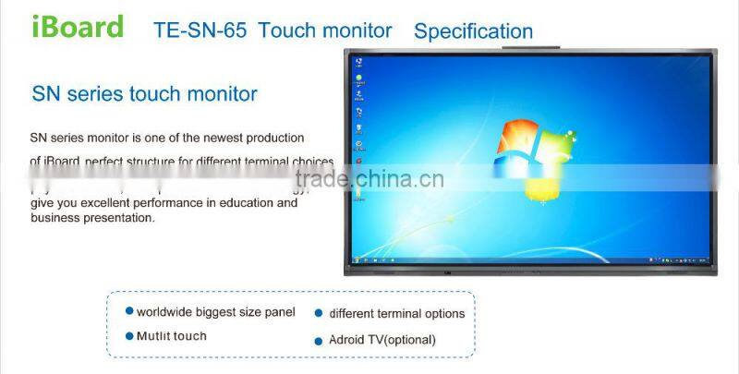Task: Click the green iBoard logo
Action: click(x=78, y=27)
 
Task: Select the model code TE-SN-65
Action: click(x=200, y=30)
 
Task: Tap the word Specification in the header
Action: click(x=473, y=31)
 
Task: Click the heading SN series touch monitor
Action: click(x=144, y=94)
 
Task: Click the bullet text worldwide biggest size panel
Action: click(x=216, y=312)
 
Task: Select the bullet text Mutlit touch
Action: click(x=172, y=336)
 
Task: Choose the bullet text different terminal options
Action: click(x=396, y=313)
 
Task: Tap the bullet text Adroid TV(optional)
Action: click(x=382, y=340)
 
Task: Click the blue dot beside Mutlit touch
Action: click(x=129, y=336)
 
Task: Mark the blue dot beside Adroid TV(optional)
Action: click(x=319, y=340)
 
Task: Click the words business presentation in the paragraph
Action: click(x=92, y=219)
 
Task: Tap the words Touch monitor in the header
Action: click(x=325, y=30)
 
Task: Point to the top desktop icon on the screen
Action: click(x=358, y=63)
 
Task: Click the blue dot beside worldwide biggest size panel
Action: click(x=129, y=312)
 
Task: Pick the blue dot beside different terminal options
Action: click(x=319, y=313)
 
